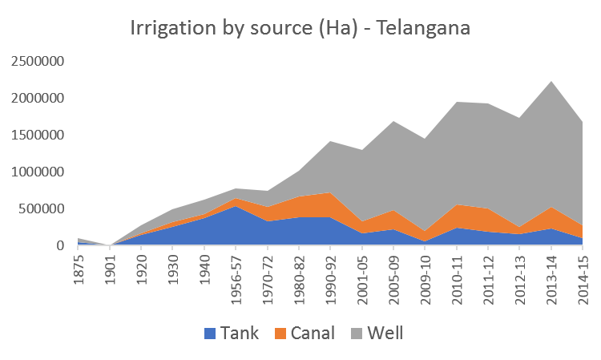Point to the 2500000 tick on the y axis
(x=38, y=62)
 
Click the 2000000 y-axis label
(x=38, y=99)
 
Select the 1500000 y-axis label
(x=38, y=136)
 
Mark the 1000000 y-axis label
(x=38, y=172)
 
